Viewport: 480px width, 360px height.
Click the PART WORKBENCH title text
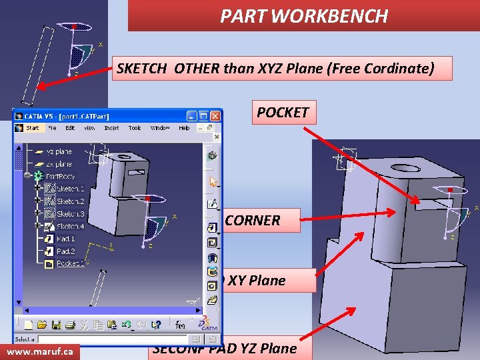tap(304, 16)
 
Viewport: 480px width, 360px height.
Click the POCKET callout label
tap(283, 112)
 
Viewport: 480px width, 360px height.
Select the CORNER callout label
tap(253, 221)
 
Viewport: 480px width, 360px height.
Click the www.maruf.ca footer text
tap(40, 351)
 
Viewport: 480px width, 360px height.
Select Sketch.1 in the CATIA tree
tap(70, 189)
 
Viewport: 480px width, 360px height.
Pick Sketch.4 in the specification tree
tap(70, 227)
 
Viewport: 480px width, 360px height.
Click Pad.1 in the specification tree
tap(65, 239)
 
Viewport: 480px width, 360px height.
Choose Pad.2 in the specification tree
tap(65, 251)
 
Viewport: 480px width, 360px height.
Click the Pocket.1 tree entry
tap(70, 264)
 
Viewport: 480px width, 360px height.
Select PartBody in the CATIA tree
tap(61, 177)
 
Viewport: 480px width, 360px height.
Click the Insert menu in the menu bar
tap(111, 128)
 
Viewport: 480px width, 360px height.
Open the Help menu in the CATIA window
tap(184, 128)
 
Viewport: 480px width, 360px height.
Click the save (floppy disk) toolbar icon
tap(57, 325)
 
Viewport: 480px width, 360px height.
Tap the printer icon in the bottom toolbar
tap(70, 325)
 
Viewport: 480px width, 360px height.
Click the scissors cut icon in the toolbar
tap(85, 325)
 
